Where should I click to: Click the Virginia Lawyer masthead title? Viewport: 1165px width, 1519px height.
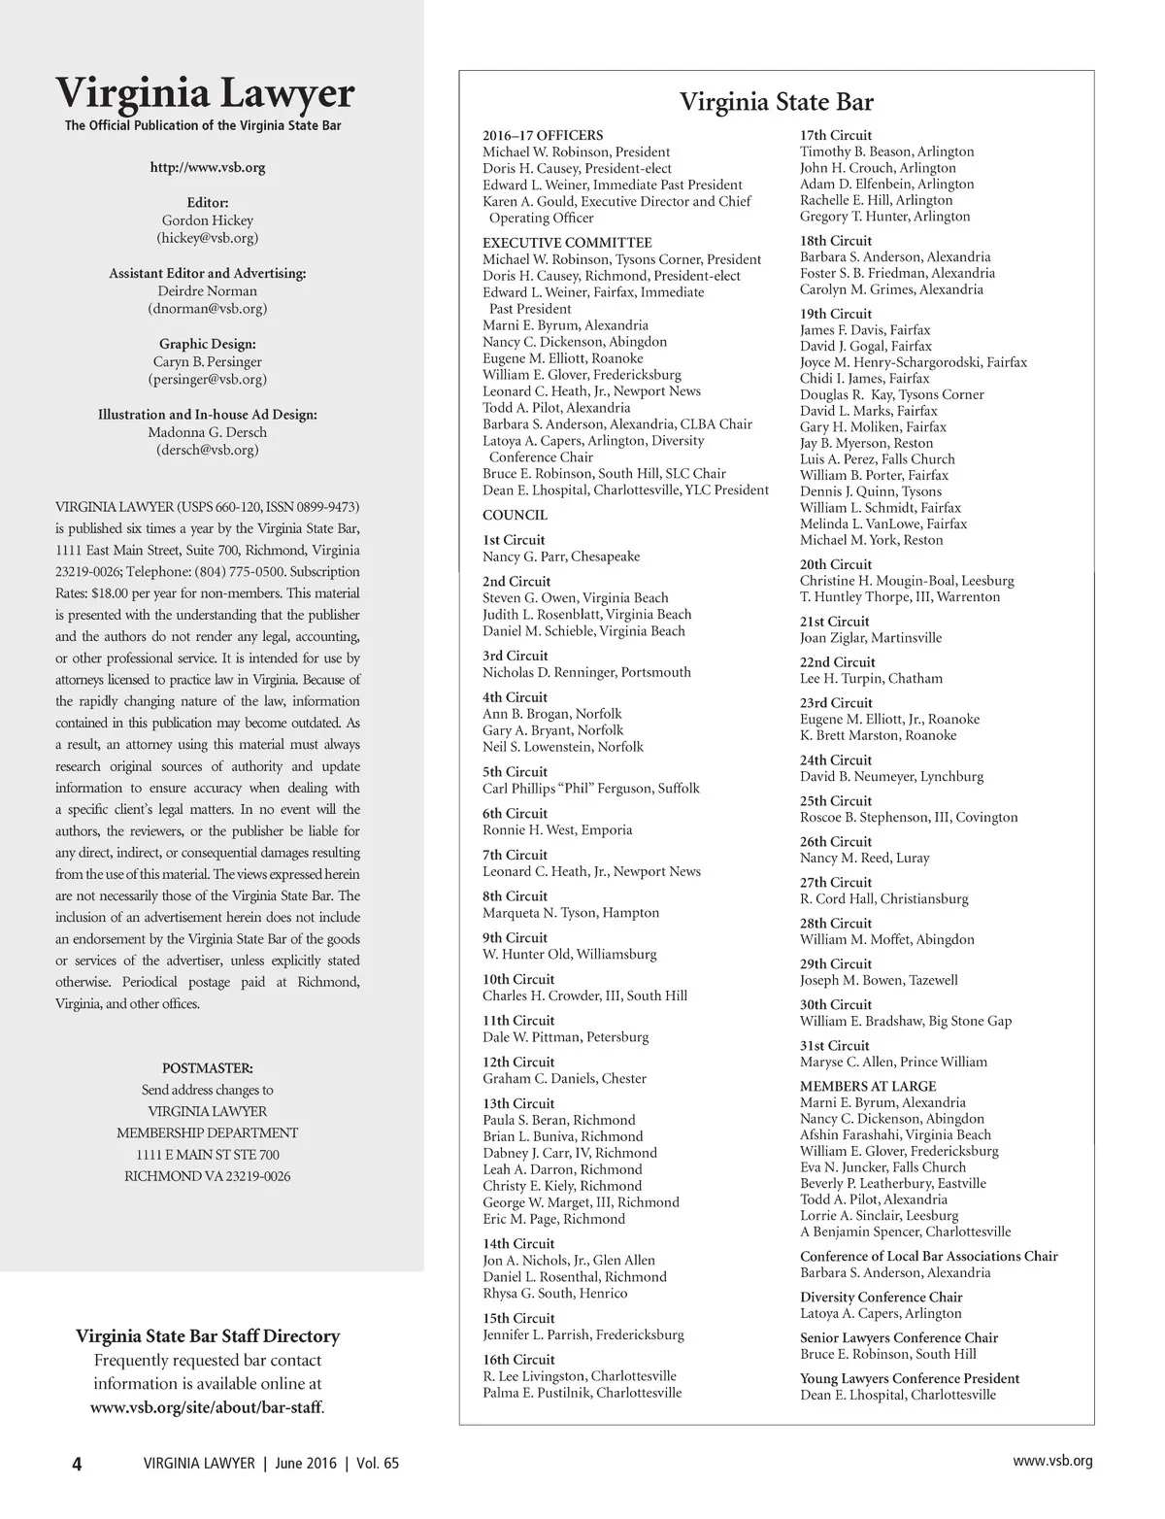click(206, 94)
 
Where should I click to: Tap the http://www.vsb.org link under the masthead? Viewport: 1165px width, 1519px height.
click(207, 167)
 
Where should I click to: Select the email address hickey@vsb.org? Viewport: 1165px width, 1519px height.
click(207, 238)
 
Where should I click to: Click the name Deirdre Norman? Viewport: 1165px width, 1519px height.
click(207, 291)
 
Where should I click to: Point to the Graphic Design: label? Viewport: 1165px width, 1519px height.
click(207, 344)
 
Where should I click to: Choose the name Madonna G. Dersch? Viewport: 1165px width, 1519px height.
click(207, 432)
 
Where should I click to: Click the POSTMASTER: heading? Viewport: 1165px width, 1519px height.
click(207, 1068)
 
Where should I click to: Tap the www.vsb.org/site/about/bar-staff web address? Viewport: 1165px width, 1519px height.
click(207, 1406)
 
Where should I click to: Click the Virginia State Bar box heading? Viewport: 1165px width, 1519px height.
click(776, 102)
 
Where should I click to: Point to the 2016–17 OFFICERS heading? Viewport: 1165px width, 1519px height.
click(543, 136)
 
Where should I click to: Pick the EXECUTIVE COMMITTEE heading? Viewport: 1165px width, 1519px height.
click(567, 243)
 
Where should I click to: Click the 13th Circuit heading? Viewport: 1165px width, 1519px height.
click(518, 1103)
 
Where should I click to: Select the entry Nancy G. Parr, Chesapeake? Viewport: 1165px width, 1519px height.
click(561, 557)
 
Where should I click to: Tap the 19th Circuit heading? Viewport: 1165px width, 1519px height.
click(836, 314)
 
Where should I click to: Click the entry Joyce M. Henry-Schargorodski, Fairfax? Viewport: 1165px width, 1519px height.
click(913, 362)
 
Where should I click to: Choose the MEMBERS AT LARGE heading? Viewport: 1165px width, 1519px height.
click(868, 1086)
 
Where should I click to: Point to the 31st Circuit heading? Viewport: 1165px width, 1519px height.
click(835, 1045)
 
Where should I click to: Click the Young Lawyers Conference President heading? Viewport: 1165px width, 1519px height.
click(910, 1378)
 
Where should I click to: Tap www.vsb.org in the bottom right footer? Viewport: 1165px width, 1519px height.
click(1052, 1461)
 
